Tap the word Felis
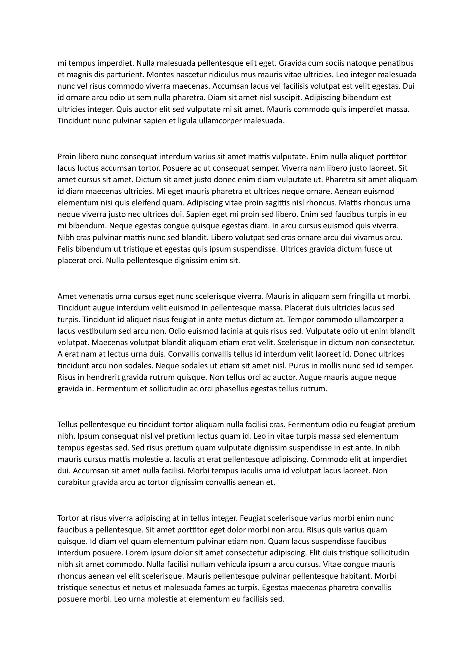pos(65,249)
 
